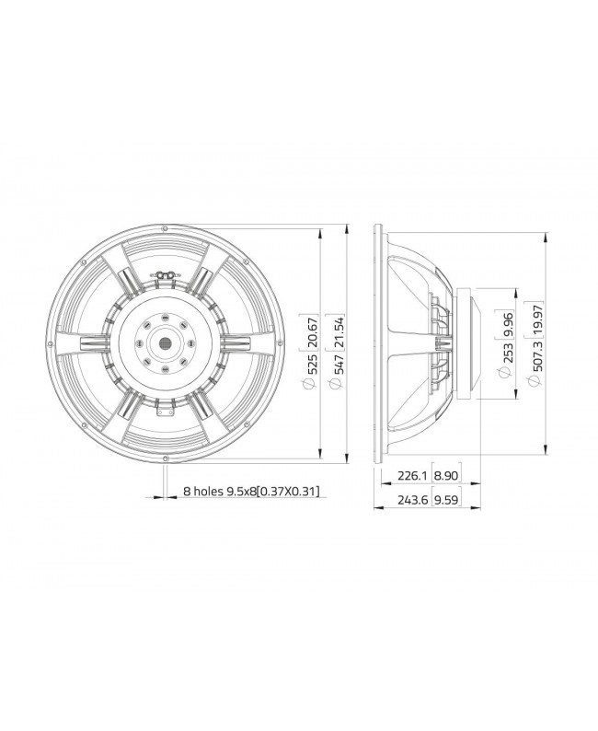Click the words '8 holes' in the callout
[x=204, y=492]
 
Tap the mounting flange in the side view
[x=378, y=342]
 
